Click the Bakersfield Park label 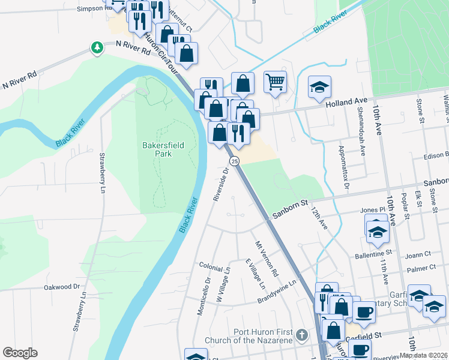[x=157, y=149]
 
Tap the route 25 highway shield [x=235, y=161]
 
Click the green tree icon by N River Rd [x=97, y=47]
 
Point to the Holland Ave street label [x=346, y=103]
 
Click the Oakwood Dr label [x=61, y=287]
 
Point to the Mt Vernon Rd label [x=267, y=259]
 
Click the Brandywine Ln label [x=277, y=292]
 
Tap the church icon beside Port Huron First [x=302, y=333]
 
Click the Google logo [x=20, y=353]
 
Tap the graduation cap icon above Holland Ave [x=320, y=87]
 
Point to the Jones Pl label [x=373, y=209]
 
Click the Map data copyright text [x=423, y=355]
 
